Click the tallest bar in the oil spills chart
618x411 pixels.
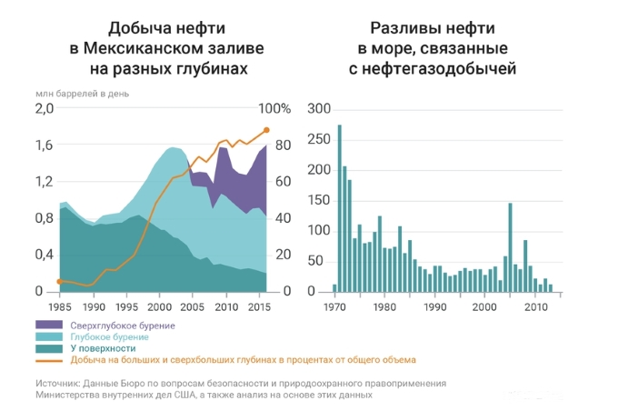coord(340,208)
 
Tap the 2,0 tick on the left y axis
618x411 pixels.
coord(45,109)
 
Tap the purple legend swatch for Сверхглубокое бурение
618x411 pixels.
coord(48,325)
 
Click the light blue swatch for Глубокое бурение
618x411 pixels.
coord(48,336)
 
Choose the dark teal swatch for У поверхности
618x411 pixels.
coord(48,347)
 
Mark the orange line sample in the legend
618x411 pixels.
coord(48,359)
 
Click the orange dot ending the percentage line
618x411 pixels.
coord(266,131)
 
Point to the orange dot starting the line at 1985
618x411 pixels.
coord(60,281)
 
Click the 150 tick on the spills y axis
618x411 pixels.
coord(317,200)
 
